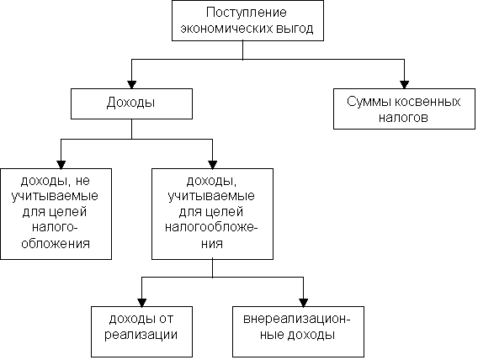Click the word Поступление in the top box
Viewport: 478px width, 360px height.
[247, 13]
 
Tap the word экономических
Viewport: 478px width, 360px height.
[226, 29]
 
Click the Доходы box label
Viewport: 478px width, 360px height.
[130, 103]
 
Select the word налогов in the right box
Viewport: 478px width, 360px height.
[403, 118]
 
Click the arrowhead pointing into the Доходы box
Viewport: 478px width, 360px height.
[131, 85]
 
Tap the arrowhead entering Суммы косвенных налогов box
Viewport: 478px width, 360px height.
[404, 85]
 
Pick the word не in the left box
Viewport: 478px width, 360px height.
[82, 181]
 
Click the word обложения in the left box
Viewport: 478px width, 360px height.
[56, 244]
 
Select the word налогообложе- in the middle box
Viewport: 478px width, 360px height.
[211, 227]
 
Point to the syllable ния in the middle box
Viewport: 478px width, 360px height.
[212, 244]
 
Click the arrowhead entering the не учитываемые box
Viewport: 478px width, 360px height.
[61, 165]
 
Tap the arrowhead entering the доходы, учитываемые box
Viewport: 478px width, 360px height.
[212, 165]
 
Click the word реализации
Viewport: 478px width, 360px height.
[141, 335]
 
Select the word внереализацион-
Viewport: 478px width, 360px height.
[297, 319]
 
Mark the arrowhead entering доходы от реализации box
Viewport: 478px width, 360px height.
[141, 303]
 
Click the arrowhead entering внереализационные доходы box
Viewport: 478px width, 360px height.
[303, 303]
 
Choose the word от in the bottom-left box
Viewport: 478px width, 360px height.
[166, 319]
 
